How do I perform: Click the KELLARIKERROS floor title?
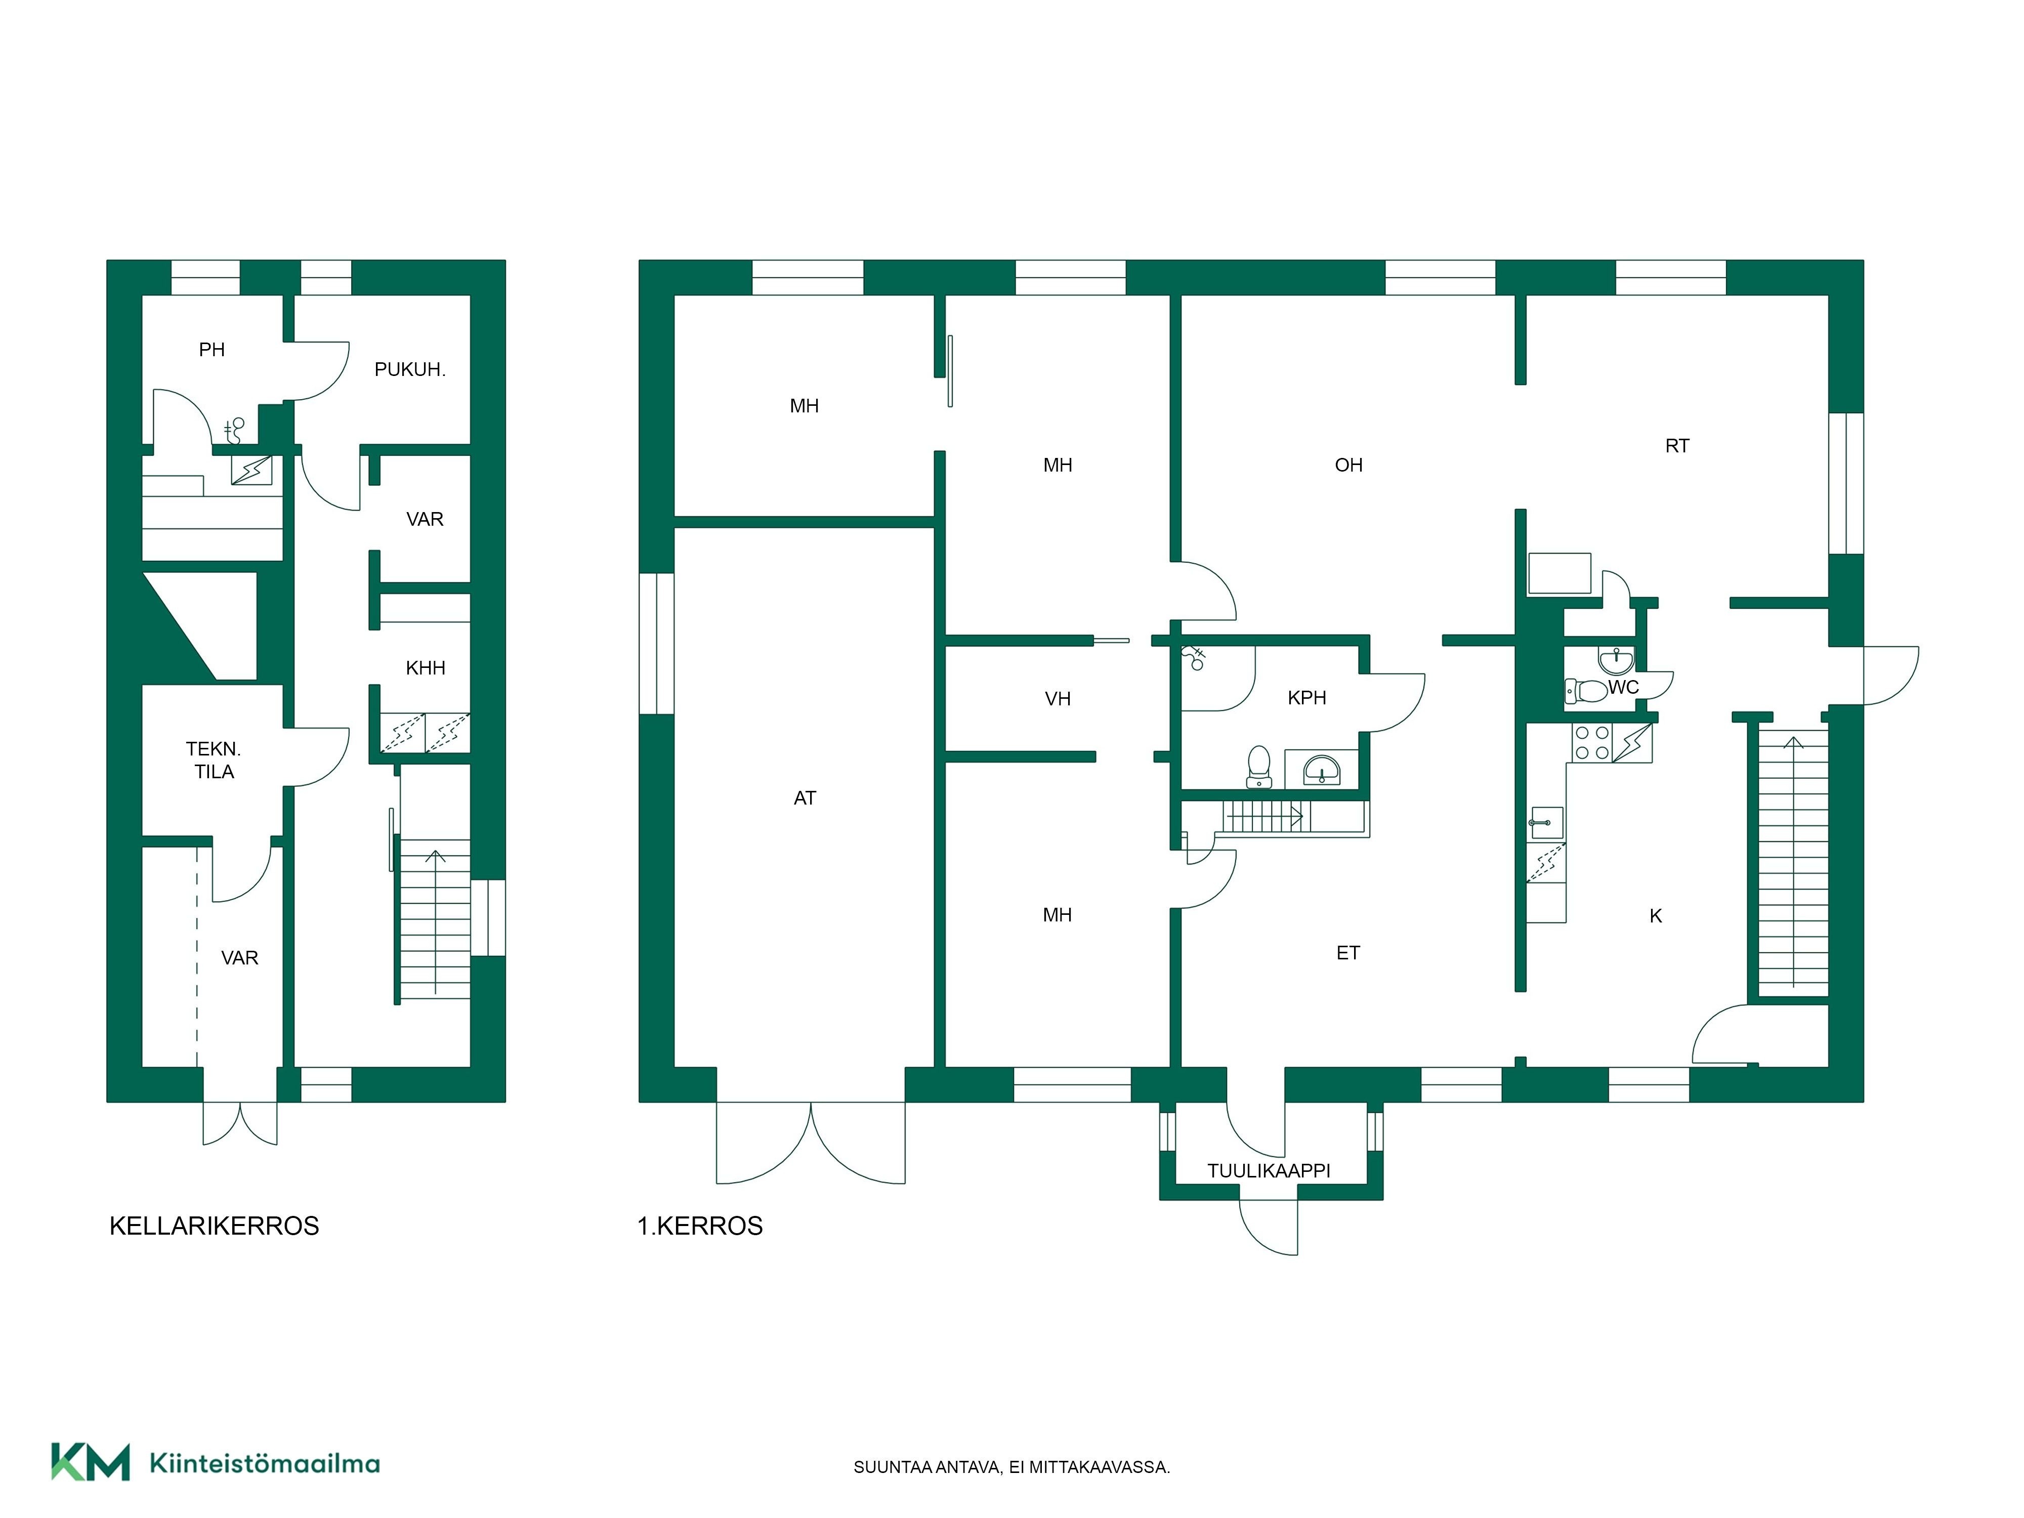coord(214,1226)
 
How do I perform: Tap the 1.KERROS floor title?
coord(700,1226)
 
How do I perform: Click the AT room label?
coord(805,798)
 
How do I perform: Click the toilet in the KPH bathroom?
coord(1259,766)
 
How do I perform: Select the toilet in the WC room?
coord(1586,690)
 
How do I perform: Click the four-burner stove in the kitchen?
coord(1591,742)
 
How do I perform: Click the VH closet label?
coord(1058,699)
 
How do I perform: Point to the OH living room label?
coord(1348,465)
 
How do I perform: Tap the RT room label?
coord(1677,446)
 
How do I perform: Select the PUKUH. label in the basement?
coord(410,370)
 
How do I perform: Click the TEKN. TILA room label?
coord(214,761)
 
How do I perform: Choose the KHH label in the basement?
coord(426,668)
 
